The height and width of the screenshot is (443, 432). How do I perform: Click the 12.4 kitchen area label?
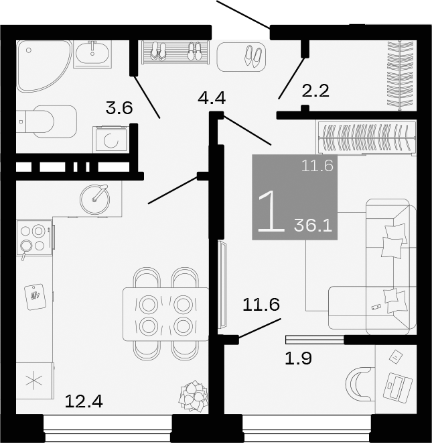(x=84, y=402)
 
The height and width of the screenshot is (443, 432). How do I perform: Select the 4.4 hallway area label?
(x=212, y=99)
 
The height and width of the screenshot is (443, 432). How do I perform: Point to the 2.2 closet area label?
(x=315, y=91)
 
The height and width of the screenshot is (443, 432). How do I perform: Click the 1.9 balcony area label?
(x=298, y=358)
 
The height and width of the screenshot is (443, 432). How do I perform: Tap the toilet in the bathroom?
(x=47, y=121)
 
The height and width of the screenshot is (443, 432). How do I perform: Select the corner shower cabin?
(x=42, y=66)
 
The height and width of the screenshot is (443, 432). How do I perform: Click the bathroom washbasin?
(x=92, y=54)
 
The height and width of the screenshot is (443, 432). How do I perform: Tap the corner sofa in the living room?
(x=375, y=268)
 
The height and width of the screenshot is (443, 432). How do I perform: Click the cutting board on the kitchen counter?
(x=35, y=295)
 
